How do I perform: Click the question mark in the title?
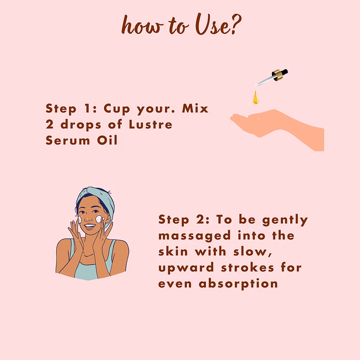[236, 24]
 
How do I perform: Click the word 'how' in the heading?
[142, 25]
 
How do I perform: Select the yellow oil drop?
[255, 97]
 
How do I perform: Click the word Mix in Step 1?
[195, 109]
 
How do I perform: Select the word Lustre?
[151, 125]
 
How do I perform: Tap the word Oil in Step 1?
[107, 140]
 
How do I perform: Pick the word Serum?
[68, 140]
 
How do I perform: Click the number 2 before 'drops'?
[50, 125]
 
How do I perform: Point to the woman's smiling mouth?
[90, 226]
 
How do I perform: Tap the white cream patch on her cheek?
[99, 219]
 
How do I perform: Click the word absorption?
[238, 284]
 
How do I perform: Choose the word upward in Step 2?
[186, 268]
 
